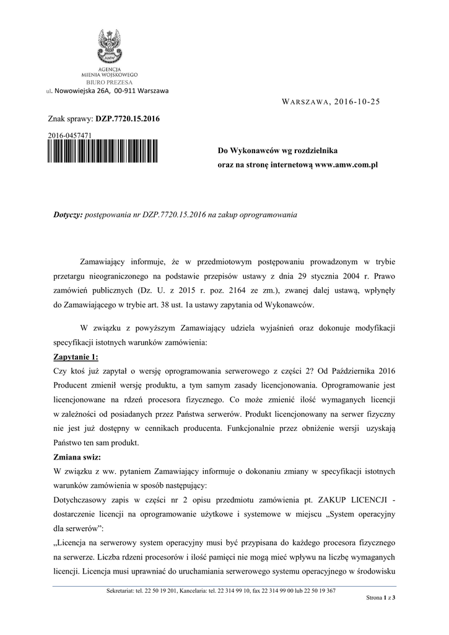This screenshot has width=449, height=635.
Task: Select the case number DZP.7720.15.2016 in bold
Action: tap(127, 118)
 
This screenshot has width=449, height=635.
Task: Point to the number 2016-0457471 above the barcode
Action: tap(70, 135)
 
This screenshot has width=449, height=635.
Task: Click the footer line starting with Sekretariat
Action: tap(221, 590)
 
